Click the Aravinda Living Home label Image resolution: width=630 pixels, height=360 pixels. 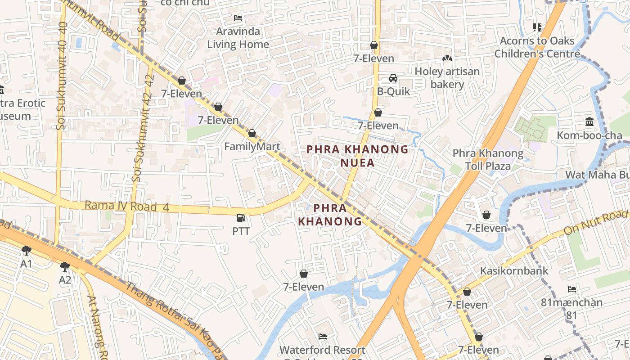coord(238,38)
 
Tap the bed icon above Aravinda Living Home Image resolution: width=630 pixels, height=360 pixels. coord(238,18)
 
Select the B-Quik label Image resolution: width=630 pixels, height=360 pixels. coord(393,91)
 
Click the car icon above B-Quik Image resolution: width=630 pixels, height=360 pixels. coord(393,79)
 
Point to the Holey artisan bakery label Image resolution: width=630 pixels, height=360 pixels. coord(447,78)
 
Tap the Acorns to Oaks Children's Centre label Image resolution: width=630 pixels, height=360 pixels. coord(537,47)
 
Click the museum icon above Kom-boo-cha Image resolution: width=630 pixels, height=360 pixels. coord(589,121)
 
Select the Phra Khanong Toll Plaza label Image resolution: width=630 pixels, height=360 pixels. coord(488,159)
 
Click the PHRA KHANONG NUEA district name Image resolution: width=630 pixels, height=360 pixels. coord(357,156)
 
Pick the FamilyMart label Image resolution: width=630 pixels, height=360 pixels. coord(252,146)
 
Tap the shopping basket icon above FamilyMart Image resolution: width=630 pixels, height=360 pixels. coord(252,133)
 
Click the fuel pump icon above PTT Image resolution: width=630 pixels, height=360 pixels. coord(241,218)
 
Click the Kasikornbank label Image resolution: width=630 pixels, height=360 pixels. coord(514,271)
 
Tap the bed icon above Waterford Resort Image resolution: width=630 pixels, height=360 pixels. coord(322,336)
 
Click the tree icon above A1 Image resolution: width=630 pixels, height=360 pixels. coord(27,250)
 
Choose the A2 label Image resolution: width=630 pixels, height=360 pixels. coord(65,280)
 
